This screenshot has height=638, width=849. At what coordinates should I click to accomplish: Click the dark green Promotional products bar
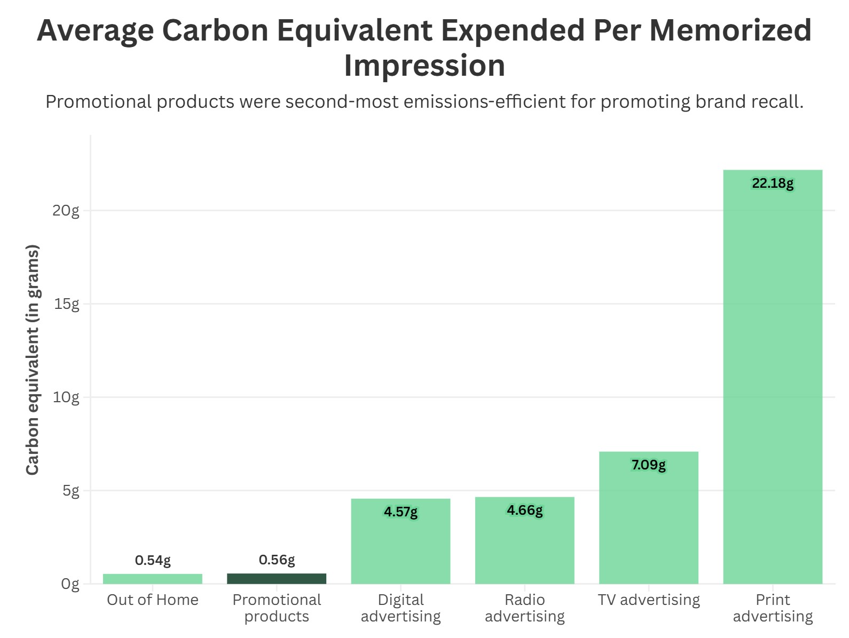[276, 579]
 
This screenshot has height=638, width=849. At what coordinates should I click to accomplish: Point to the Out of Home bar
[153, 579]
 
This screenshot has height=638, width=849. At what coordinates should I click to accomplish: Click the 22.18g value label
[772, 184]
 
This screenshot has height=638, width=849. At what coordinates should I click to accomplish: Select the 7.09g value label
[648, 465]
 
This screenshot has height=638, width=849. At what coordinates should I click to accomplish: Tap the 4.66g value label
[524, 511]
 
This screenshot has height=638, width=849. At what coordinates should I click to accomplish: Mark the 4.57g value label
[400, 512]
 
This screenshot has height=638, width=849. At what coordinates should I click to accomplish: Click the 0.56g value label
[277, 560]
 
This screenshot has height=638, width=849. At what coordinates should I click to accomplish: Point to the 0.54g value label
[153, 560]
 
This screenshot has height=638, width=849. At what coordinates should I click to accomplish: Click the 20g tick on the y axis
[66, 211]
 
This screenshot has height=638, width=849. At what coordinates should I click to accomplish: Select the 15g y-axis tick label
[67, 304]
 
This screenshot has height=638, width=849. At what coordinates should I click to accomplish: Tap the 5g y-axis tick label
[70, 491]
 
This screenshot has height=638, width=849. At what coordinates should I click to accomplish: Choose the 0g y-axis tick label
[70, 584]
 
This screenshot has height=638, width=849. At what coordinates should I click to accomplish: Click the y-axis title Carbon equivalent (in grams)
[33, 360]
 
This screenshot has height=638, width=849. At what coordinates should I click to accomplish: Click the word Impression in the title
[424, 66]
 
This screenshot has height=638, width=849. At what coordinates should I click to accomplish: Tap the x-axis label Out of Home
[153, 600]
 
